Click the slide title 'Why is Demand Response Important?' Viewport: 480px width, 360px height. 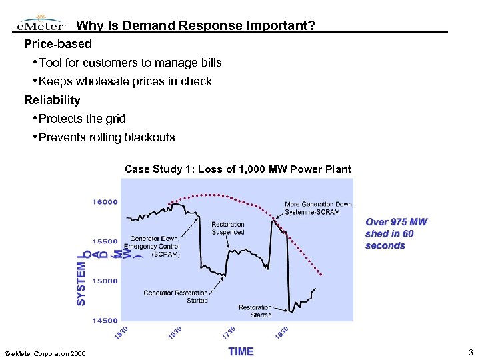click(195, 26)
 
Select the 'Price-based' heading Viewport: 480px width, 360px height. click(58, 44)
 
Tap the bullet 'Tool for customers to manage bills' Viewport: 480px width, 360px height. click(130, 63)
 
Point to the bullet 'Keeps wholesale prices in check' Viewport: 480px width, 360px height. click(125, 81)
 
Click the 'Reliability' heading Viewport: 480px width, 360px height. click(52, 100)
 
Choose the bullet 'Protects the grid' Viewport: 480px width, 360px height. click(82, 119)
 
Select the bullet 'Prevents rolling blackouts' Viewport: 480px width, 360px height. click(107, 137)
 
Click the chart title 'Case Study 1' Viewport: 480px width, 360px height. click(238, 169)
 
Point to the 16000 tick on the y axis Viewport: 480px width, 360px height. click(105, 201)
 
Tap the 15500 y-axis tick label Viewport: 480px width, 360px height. click(105, 241)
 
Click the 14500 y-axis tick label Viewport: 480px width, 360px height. click(105, 321)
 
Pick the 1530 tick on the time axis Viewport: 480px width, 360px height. click(121, 330)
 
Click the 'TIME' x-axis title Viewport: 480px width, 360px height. click(241, 351)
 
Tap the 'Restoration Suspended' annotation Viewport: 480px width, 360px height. click(228, 228)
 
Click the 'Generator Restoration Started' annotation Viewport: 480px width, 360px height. click(175, 297)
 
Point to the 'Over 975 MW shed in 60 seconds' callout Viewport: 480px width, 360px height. click(396, 233)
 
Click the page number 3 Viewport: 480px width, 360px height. click(471, 352)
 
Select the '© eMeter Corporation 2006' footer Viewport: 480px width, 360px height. click(45, 353)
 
